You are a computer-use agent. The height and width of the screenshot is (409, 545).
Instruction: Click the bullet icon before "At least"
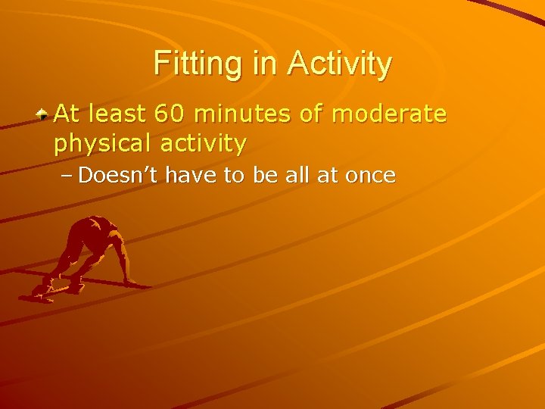(x=45, y=114)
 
